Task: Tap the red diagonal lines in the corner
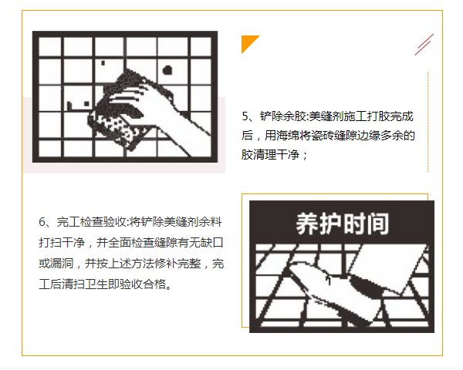pos(424,45)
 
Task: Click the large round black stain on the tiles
pos(167,70)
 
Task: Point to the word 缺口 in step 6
pos(212,242)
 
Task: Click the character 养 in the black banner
pos(307,224)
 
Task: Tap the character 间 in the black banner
pos(377,224)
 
